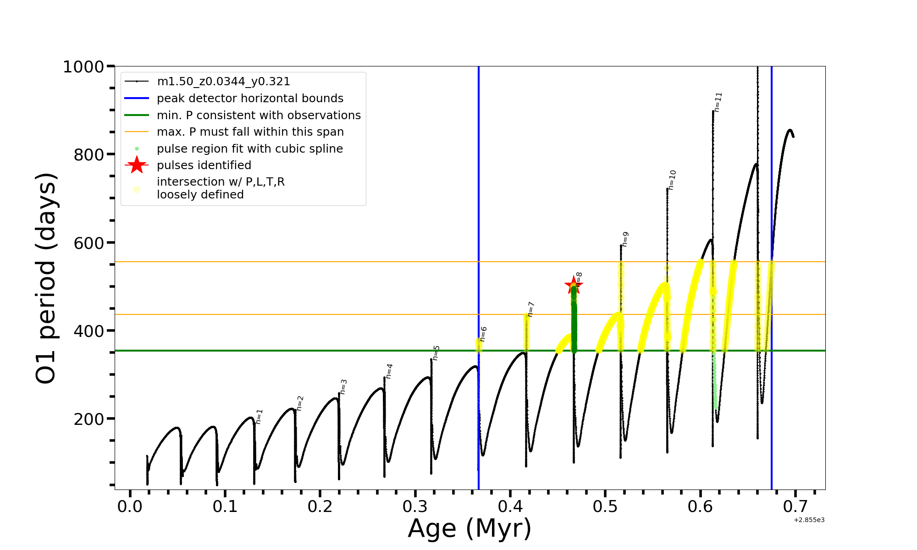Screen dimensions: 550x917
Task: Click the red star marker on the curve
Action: coord(573,286)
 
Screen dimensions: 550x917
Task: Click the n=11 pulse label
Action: coord(718,102)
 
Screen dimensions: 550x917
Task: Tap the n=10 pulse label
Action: coord(672,180)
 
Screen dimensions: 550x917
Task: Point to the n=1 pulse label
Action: coord(259,417)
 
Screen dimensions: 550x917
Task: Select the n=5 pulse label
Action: coord(436,353)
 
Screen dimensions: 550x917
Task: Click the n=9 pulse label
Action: coord(625,239)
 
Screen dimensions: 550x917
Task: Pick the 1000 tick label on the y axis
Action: coord(83,67)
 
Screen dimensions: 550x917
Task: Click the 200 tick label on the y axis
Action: coord(89,419)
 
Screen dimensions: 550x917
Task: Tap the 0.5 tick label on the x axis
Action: coord(605,507)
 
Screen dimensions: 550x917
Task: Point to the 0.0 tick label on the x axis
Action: coord(130,507)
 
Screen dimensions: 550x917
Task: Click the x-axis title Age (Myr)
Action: coord(470,528)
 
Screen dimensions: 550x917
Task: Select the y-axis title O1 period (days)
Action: coord(46,278)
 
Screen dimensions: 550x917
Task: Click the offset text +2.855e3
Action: coord(809,520)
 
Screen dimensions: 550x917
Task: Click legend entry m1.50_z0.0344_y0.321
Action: coord(223,82)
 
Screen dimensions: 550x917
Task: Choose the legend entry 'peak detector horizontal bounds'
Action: coord(250,99)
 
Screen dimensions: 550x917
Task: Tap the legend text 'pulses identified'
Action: coord(204,165)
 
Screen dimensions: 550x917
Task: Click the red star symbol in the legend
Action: coord(137,165)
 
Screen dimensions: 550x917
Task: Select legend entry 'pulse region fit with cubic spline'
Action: coord(250,149)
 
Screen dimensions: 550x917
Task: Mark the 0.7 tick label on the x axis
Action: coord(795,507)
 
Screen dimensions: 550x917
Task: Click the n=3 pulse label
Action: coord(343,387)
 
